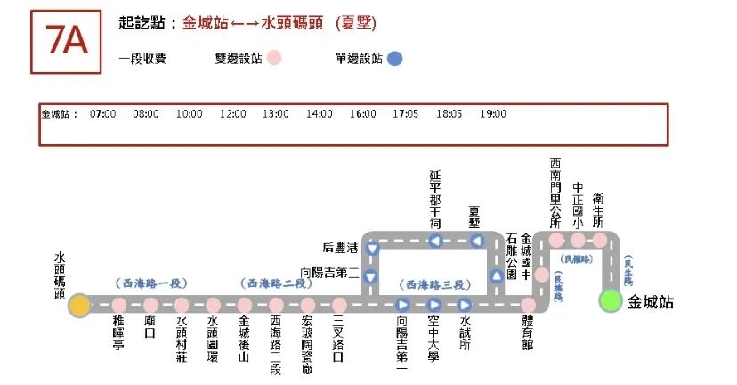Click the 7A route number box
tap(67, 42)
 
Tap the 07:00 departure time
tap(103, 114)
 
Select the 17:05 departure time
tap(405, 114)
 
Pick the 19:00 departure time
tap(492, 114)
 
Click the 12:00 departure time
tap(232, 114)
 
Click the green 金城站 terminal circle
tap(611, 300)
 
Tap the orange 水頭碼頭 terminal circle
tap(79, 305)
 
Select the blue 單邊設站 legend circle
tap(395, 59)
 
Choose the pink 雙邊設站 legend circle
tap(275, 59)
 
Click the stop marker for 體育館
tap(529, 306)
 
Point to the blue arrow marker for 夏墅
tap(476, 242)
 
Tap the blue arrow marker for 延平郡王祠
tap(435, 242)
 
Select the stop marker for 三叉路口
tap(338, 306)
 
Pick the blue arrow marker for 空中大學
tap(433, 306)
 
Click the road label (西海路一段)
tap(150, 283)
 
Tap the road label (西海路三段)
tap(436, 284)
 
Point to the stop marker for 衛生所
tap(600, 241)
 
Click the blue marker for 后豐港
tap(372, 250)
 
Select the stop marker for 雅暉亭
tap(118, 306)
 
